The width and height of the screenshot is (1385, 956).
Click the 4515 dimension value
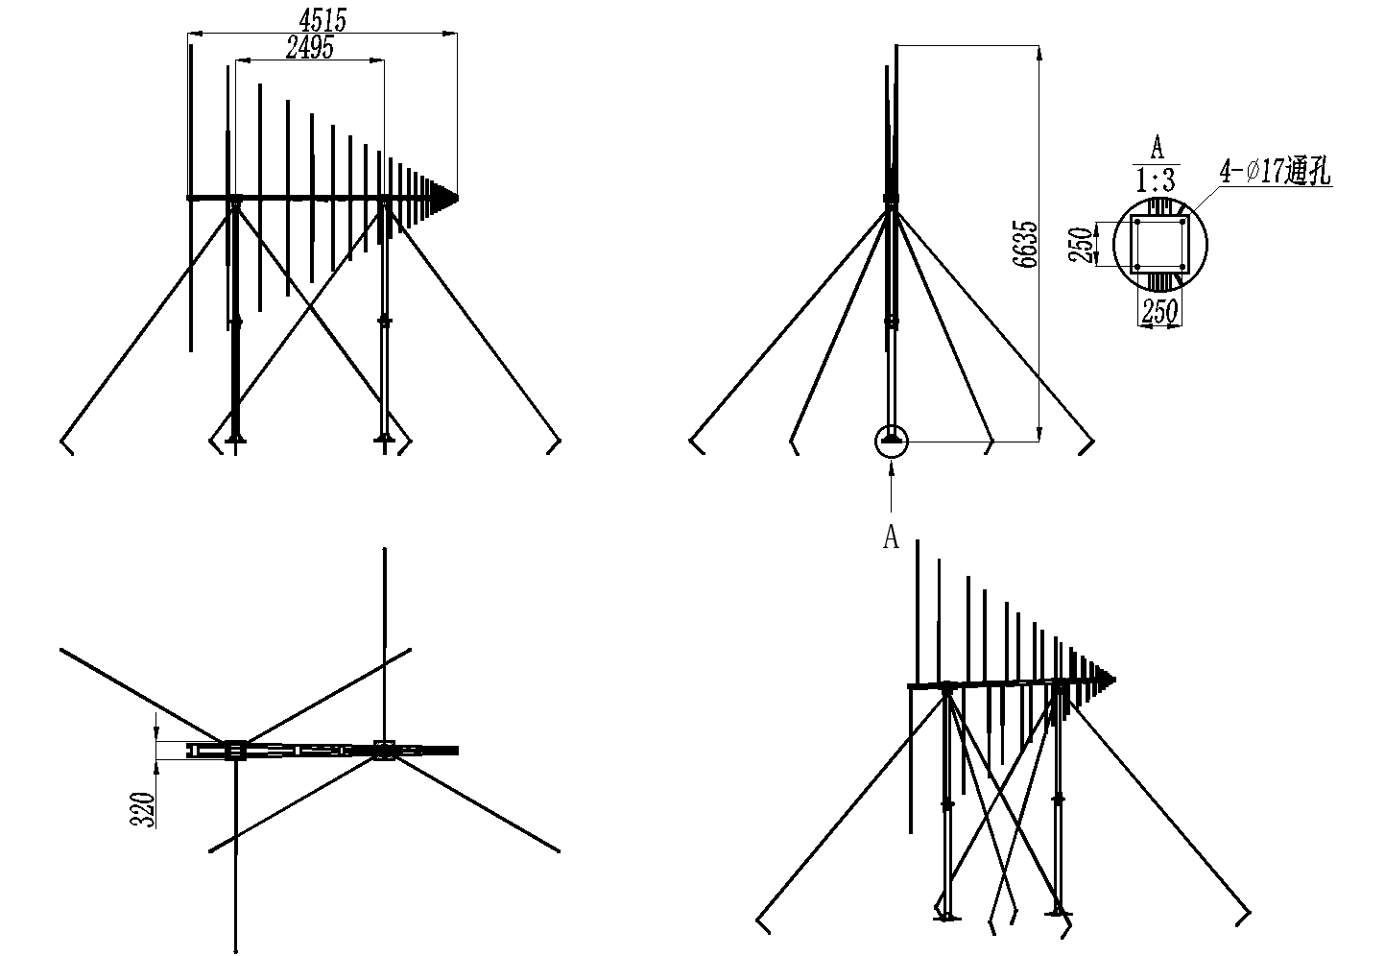coord(322,20)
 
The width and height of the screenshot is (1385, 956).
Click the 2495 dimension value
coord(310,48)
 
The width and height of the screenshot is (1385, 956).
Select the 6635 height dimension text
coord(1024,244)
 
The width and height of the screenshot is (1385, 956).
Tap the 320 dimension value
coord(142,809)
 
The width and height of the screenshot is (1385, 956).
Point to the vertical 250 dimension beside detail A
coord(1081,245)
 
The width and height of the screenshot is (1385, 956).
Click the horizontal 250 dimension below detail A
coord(1159,311)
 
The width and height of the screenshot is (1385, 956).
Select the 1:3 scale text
coord(1156,179)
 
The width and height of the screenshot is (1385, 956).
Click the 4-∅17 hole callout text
coord(1275,171)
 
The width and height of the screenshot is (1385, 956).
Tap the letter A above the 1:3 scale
coord(1157,149)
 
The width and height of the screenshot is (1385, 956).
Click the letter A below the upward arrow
coord(891,538)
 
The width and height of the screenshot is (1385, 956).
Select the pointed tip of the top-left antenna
coord(458,199)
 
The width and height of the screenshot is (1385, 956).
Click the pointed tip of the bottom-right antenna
coord(1115,680)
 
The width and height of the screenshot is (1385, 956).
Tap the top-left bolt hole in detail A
coord(1137,222)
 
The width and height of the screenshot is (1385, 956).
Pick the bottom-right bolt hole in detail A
coord(1182,267)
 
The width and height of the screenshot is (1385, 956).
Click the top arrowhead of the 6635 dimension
coord(1039,54)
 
